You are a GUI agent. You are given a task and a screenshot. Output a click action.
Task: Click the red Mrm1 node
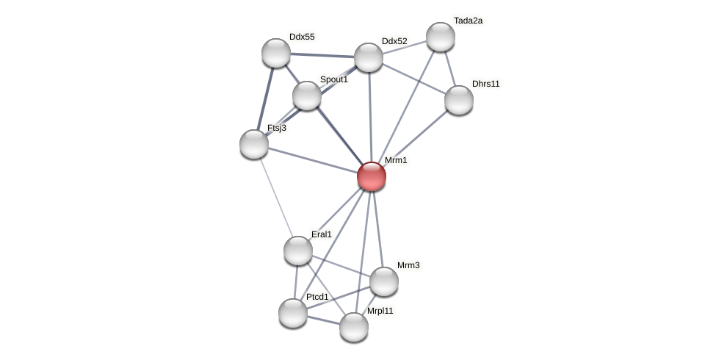coord(372,176)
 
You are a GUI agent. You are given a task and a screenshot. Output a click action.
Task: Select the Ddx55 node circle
coord(276,53)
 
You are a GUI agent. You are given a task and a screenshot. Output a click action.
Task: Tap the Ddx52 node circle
coord(369,57)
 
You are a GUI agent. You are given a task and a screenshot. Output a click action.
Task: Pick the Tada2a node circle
coord(441,37)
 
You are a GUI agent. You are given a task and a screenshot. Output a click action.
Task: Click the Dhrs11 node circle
coord(459,100)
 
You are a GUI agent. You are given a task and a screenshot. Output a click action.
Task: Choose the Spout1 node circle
coord(307,96)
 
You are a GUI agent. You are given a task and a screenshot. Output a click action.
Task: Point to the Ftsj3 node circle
coord(254,144)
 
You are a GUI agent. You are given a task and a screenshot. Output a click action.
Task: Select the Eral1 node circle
coord(298,251)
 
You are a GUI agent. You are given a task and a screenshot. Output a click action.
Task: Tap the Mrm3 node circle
coord(384,281)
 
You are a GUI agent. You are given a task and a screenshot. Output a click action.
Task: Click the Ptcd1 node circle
coord(293,313)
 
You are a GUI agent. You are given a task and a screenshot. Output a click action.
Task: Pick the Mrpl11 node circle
coord(354,327)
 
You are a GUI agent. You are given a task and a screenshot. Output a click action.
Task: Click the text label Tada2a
coord(468,21)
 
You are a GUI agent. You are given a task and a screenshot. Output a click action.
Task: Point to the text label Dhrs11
coord(485,84)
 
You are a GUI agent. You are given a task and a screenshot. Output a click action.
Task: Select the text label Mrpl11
coord(380,311)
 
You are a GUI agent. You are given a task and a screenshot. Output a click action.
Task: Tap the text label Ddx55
coord(302,37)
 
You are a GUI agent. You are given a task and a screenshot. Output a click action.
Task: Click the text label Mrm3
coord(408,265)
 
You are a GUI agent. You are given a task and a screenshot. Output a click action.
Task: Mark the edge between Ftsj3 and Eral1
coord(275,196)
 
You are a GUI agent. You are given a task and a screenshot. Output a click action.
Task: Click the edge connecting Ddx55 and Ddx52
coord(322,55)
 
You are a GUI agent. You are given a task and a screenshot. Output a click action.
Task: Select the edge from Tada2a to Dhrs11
coord(449,68)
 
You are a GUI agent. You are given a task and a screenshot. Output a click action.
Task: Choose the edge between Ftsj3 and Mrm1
coord(312,160)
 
